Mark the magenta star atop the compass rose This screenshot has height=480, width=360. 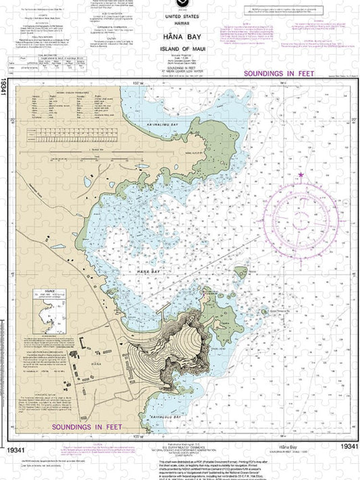click(x=301, y=176)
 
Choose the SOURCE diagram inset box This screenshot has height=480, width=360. click(x=49, y=324)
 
